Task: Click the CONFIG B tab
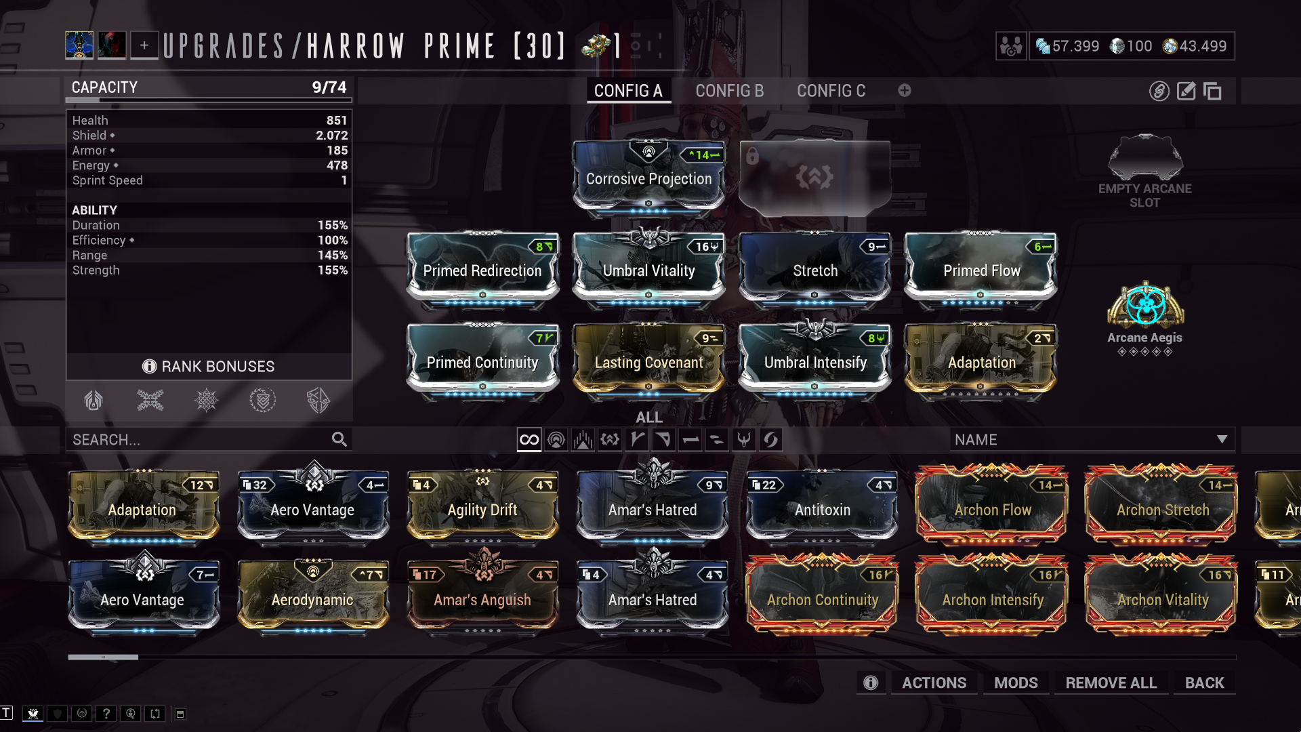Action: pos(729,91)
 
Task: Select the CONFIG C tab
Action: pos(831,91)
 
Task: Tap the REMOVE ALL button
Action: pos(1111,683)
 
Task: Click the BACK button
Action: pos(1204,683)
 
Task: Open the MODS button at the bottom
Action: pos(1016,683)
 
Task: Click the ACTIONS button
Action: pos(934,683)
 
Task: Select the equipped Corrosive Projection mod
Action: pos(648,178)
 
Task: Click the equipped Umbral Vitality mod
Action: pos(648,270)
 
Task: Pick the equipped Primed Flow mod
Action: pos(981,270)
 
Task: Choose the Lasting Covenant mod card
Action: pos(648,362)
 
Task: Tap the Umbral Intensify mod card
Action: pos(815,362)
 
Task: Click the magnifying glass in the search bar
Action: pos(339,439)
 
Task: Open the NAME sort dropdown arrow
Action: pos(1222,439)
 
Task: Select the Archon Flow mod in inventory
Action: pos(992,509)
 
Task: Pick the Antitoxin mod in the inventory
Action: pos(822,509)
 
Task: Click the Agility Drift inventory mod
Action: pos(482,509)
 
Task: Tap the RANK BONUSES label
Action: pos(218,366)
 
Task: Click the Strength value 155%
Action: pos(332,270)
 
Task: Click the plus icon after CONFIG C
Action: pos(905,90)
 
